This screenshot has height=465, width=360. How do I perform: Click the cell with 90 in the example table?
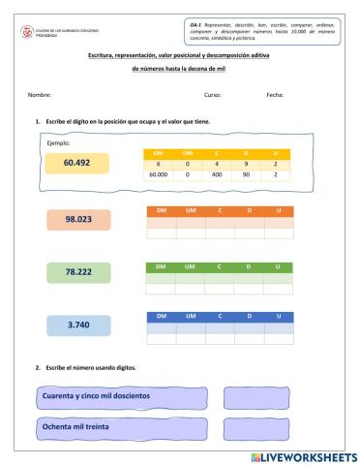pyautogui.click(x=249, y=176)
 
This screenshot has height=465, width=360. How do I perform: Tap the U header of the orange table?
pyautogui.click(x=278, y=210)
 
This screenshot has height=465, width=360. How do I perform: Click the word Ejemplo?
pyautogui.click(x=45, y=142)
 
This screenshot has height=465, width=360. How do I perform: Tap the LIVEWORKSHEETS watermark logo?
pyautogui.click(x=304, y=456)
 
